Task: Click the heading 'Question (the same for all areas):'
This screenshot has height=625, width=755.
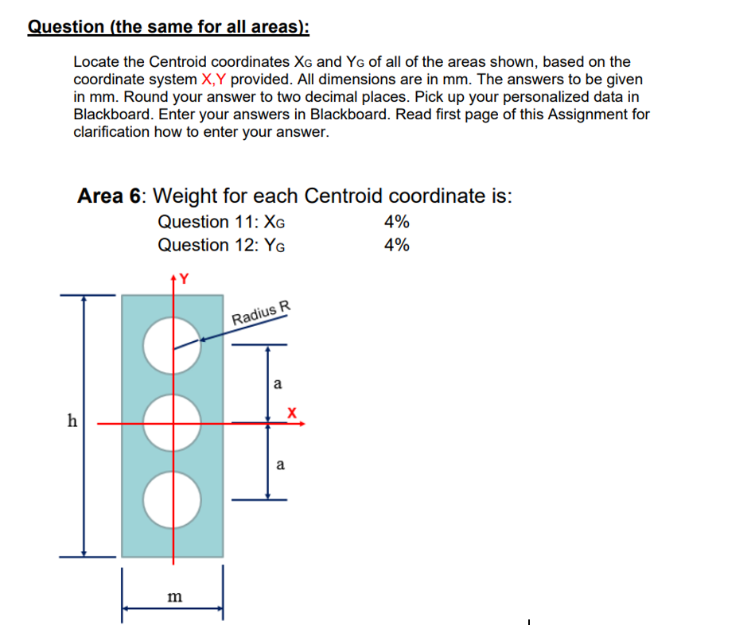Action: [x=169, y=26]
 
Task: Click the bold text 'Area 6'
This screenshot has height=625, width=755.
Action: [x=111, y=196]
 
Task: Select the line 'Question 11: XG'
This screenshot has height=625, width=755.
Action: [x=221, y=222]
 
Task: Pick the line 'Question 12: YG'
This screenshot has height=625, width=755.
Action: [x=221, y=245]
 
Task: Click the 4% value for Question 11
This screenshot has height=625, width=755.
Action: [x=396, y=222]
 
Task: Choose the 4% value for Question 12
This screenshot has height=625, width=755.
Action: [x=396, y=245]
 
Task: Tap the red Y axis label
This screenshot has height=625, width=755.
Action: [x=184, y=278]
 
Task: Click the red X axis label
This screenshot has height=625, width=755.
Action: [x=292, y=413]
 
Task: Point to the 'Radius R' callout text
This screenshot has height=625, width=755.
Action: [x=262, y=313]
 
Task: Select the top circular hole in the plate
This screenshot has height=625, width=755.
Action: [x=172, y=346]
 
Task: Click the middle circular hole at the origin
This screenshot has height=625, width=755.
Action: [x=172, y=424]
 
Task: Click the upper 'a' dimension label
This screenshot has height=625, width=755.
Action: [x=277, y=384]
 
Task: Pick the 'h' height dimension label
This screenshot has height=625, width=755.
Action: [x=72, y=421]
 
